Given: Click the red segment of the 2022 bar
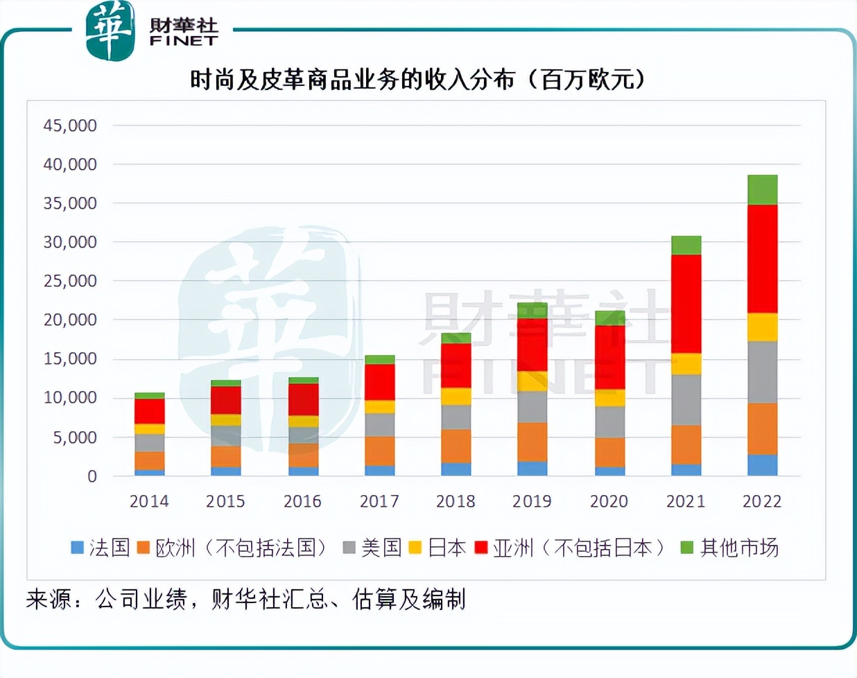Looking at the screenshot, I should coord(762,259).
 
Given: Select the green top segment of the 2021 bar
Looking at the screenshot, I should coord(686,245).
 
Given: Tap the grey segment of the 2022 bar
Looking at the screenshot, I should coord(762,372).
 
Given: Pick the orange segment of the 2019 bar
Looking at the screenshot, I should coord(532,442).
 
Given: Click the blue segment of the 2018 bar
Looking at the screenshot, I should coord(456,469).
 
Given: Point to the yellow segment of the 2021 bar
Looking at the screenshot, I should coord(686,364).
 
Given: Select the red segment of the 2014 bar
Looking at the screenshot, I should coord(149,411).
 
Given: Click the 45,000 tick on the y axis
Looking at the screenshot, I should coord(70,125).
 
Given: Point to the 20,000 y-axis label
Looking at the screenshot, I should coord(70,320).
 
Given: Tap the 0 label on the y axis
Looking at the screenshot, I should coord(92,476).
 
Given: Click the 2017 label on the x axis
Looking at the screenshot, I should coord(379,501).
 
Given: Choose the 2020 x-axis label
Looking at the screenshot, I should coord(609,501).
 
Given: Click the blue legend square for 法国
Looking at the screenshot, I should coord(78,548).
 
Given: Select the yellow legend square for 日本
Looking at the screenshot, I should coord(415,548).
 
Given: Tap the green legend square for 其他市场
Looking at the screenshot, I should coord(686,548).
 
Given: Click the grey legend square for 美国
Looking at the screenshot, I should coord(349,548).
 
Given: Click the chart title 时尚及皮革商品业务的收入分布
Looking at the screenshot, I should coord(354,80).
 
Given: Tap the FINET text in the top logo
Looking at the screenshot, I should coord(184,42).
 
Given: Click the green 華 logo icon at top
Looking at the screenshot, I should coord(110,31).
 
